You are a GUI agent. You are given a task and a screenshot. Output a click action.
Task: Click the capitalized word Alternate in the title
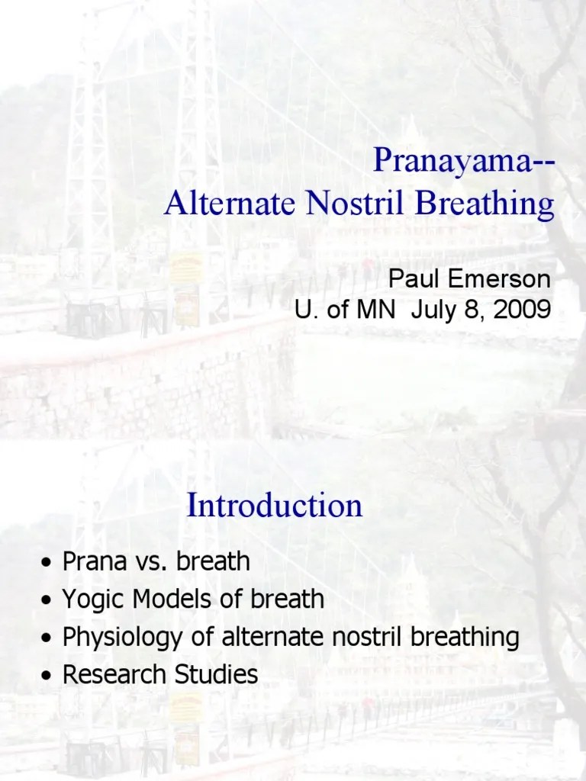[x=223, y=204]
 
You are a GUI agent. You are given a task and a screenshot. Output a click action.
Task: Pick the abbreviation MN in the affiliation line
[x=364, y=310]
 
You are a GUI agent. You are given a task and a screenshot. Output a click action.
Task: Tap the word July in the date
[x=432, y=310]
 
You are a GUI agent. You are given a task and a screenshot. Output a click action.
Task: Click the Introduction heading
[x=275, y=506]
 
